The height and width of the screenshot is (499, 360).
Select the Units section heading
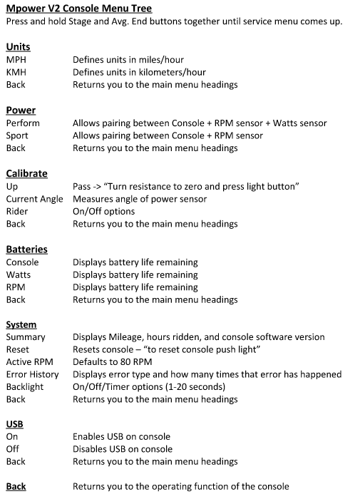click(x=18, y=47)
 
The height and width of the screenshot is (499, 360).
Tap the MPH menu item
click(x=16, y=60)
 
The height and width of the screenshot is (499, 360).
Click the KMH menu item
click(x=16, y=72)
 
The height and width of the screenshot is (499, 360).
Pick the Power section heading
click(x=21, y=110)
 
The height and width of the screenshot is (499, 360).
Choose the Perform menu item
click(x=23, y=123)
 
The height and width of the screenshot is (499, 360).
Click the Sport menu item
click(x=18, y=135)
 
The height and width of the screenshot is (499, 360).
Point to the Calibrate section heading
click(x=26, y=173)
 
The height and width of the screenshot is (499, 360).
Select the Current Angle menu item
click(x=34, y=199)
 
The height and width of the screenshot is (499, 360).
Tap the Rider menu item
click(x=17, y=211)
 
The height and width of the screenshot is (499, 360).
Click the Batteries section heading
click(x=26, y=249)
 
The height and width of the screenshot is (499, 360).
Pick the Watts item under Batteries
click(x=19, y=274)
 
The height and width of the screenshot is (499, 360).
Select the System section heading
click(x=21, y=325)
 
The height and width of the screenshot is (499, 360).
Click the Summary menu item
click(x=26, y=337)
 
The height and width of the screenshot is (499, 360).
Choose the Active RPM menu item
click(x=29, y=362)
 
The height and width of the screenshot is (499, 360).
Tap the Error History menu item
click(x=32, y=374)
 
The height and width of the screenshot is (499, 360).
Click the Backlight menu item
click(x=25, y=386)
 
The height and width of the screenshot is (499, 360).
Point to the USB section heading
click(x=14, y=424)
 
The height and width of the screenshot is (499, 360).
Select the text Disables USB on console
click(x=123, y=449)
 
